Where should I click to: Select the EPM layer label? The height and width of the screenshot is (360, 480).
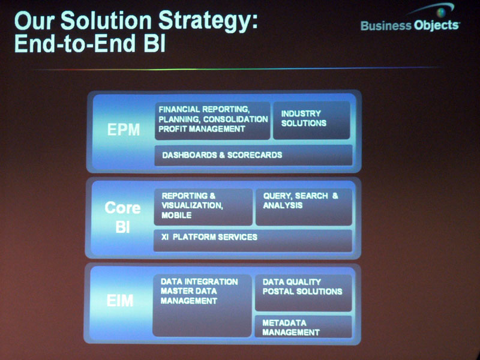[124, 130]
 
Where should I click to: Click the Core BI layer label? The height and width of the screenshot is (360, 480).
[122, 217]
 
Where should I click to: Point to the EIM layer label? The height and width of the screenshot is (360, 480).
[120, 301]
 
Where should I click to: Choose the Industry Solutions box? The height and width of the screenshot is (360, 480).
[311, 121]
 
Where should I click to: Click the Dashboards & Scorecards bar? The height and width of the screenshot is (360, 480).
[253, 155]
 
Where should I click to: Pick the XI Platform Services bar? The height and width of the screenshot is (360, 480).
[253, 241]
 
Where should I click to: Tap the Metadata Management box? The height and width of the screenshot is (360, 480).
[303, 327]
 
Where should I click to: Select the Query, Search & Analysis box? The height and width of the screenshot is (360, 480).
[304, 207]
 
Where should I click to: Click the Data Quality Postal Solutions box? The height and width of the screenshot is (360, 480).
[303, 293]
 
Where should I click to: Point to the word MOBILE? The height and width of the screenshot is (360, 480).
[176, 215]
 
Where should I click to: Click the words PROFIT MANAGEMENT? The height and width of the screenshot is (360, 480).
[202, 129]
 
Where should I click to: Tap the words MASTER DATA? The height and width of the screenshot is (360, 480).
[188, 291]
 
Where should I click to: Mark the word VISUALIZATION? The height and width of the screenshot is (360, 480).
[192, 205]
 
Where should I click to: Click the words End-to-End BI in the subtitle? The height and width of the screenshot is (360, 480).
[90, 43]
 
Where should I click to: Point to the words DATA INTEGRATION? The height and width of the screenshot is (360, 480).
[199, 281]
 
